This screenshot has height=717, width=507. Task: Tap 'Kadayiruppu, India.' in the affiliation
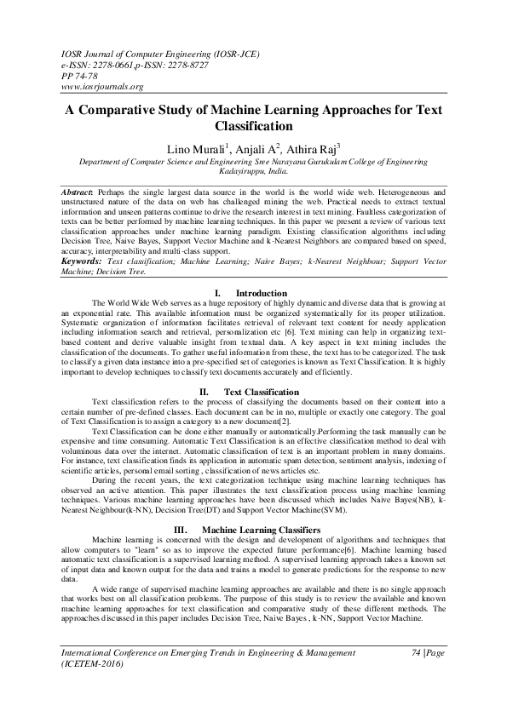254,171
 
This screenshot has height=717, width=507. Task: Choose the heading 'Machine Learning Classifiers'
261,530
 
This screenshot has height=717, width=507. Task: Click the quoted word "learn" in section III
146,549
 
